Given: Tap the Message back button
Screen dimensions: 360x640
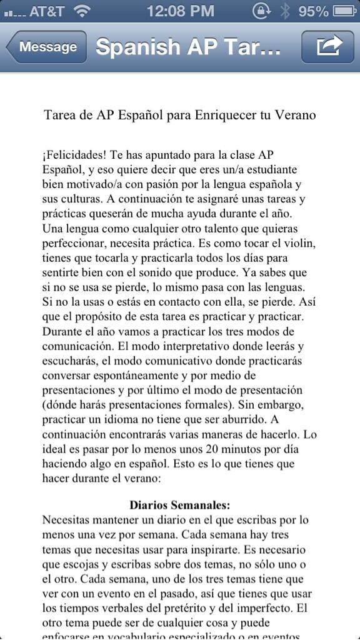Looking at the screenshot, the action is click(47, 47).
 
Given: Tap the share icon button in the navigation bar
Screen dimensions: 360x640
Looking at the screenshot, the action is click(323, 46).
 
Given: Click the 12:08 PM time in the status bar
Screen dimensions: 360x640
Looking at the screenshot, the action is click(180, 11).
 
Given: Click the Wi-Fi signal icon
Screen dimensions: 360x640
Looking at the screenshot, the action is click(81, 11).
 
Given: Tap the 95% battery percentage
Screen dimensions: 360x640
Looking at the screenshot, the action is click(313, 11).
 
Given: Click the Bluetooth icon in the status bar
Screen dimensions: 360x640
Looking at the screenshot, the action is click(286, 11).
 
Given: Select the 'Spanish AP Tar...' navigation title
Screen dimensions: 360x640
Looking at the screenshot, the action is click(188, 47).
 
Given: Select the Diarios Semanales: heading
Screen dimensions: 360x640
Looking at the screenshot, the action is click(180, 504).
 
